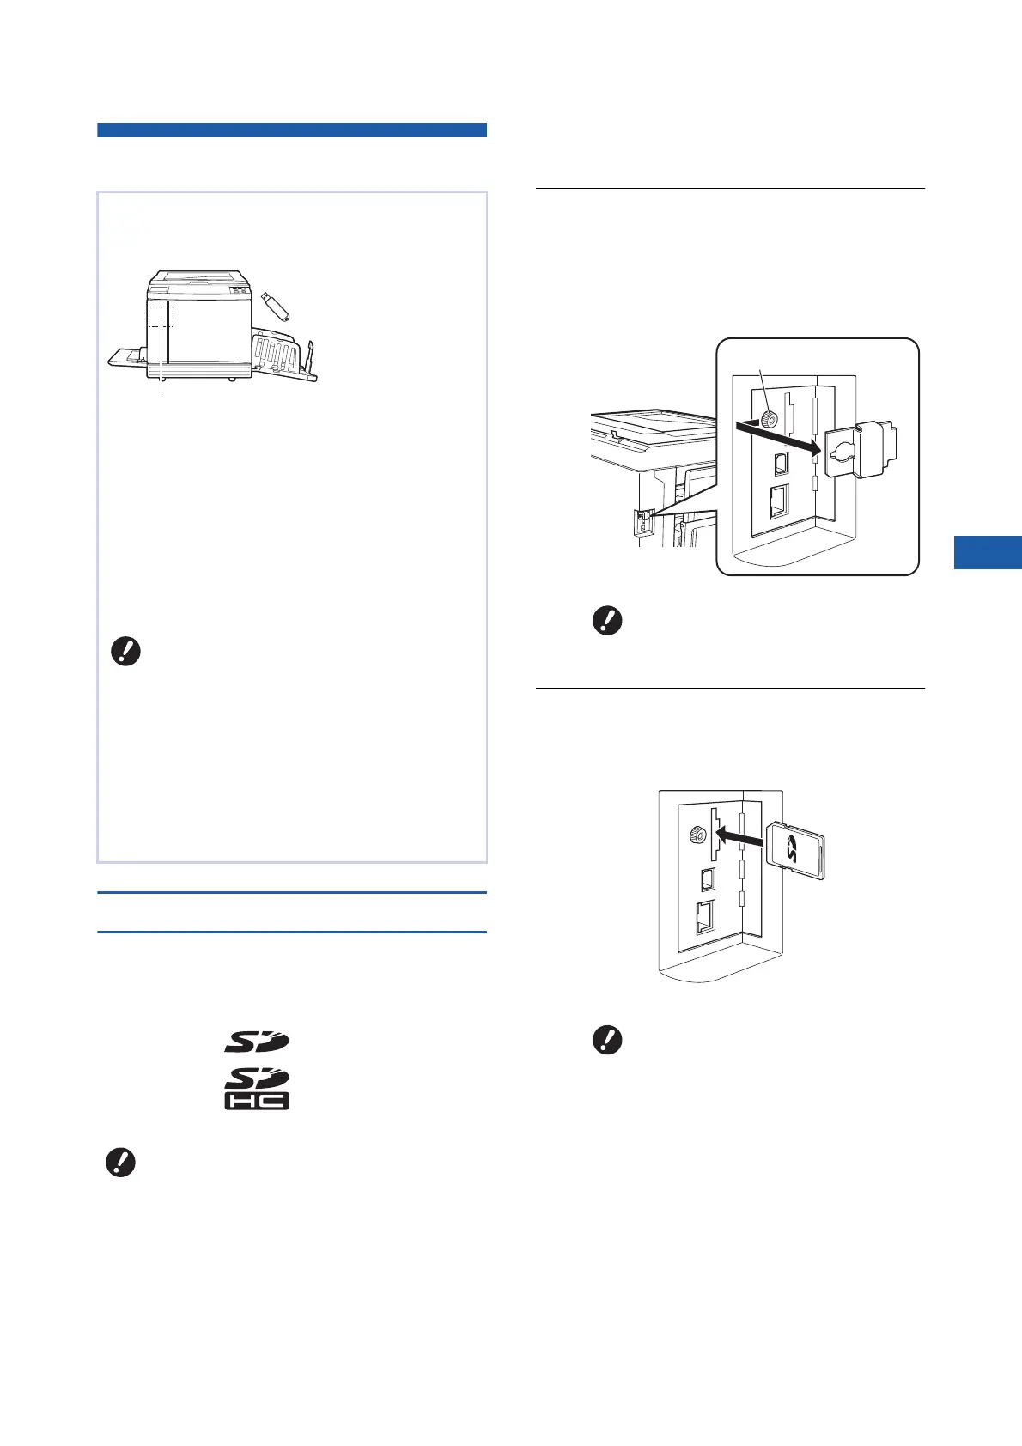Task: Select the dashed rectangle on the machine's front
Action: [161, 313]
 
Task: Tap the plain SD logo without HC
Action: [257, 1042]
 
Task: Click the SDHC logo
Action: [257, 1089]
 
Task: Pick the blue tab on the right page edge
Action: [988, 551]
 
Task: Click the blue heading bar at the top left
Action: [292, 131]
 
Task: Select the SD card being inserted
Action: [797, 853]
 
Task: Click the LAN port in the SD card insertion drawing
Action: [704, 919]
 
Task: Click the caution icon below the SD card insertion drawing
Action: [607, 1041]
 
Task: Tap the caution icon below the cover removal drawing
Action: [607, 620]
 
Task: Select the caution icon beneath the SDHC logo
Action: [119, 1163]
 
